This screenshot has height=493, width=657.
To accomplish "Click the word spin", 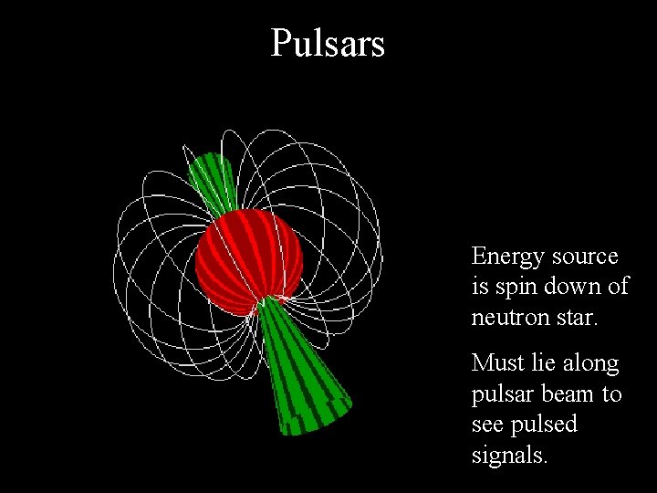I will tap(514, 288).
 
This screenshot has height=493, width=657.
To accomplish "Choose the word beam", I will tap(570, 393).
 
